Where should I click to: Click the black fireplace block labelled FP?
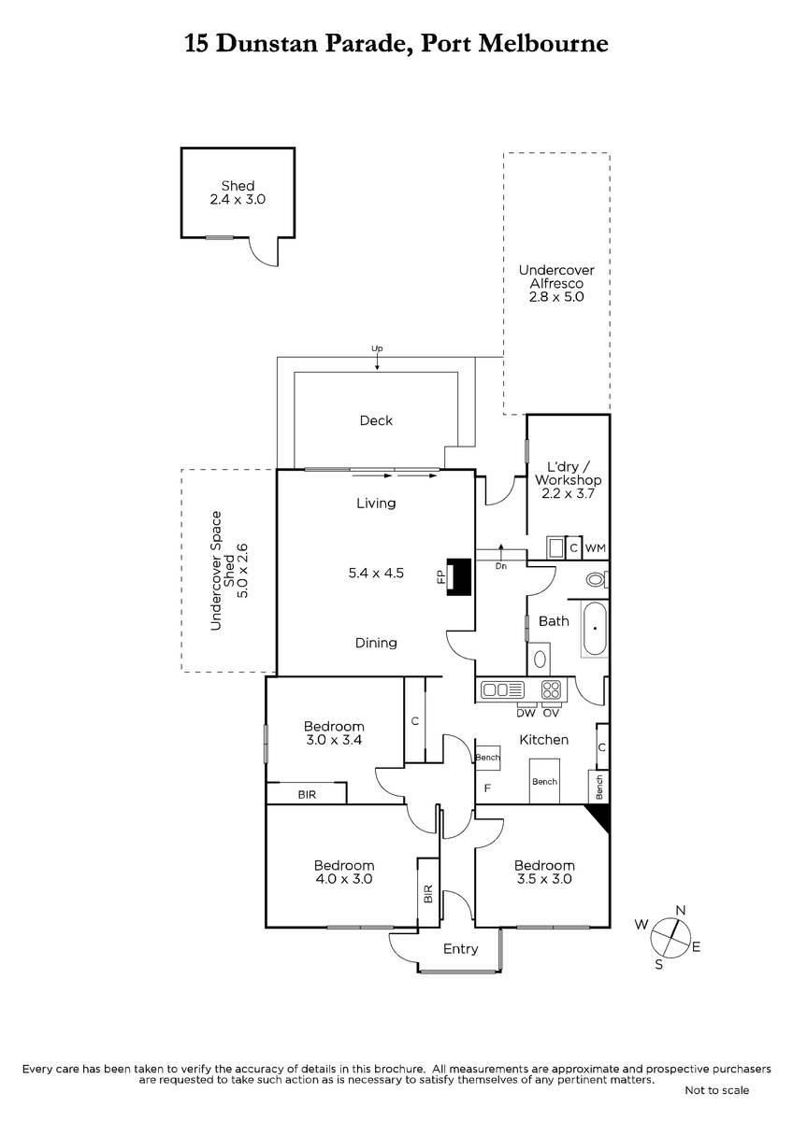point(459,576)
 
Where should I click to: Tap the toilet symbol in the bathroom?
point(597,579)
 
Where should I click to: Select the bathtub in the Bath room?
point(595,628)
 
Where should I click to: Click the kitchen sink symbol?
point(502,690)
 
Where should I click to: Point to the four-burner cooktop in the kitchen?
point(552,690)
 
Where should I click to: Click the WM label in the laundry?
point(596,548)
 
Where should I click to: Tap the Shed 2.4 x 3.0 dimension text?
point(238,200)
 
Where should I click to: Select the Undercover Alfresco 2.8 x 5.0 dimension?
point(556,297)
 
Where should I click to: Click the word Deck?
point(376,420)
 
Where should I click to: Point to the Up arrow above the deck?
point(377,361)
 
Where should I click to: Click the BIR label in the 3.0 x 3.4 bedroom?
point(307,795)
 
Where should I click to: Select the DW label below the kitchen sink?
point(526,713)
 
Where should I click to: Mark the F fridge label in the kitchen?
point(487,788)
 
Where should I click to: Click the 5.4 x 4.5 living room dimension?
point(376,573)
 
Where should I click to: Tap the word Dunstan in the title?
point(268,44)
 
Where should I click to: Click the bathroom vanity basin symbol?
point(540,660)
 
